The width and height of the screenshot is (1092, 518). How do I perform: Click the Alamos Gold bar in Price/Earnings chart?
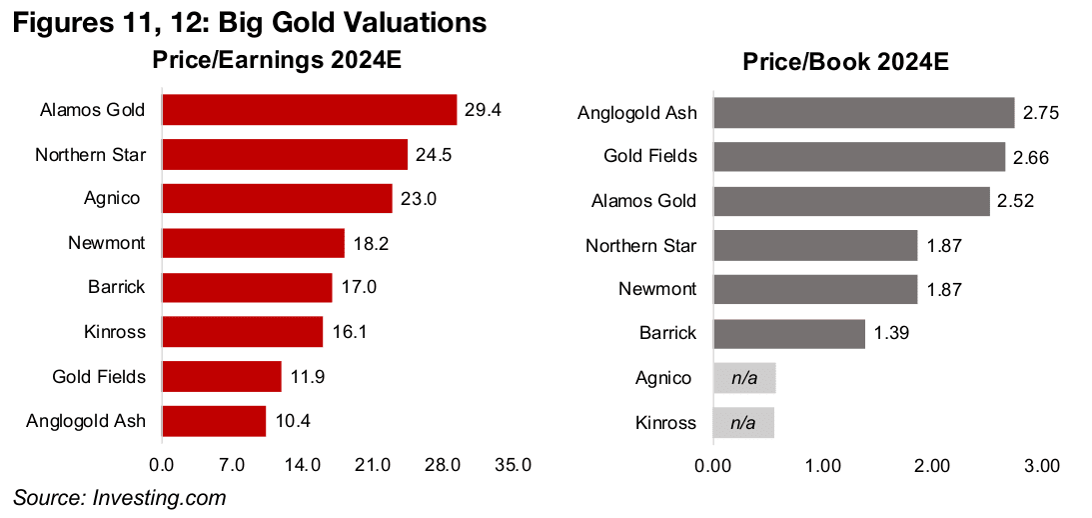(x=309, y=110)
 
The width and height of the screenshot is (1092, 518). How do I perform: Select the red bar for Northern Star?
(x=285, y=154)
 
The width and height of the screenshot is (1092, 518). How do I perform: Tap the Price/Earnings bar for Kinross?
(x=242, y=332)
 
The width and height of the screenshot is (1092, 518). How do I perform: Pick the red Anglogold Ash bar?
(x=214, y=421)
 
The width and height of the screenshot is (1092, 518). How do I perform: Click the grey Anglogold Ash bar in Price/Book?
(x=863, y=112)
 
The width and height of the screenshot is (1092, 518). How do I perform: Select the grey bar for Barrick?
(x=788, y=334)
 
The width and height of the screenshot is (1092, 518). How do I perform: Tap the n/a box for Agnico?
(x=743, y=378)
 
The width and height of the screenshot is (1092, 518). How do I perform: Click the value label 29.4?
(x=482, y=110)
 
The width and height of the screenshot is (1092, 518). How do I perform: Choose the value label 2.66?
(x=1029, y=157)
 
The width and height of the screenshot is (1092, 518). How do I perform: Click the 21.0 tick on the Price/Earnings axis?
(x=373, y=465)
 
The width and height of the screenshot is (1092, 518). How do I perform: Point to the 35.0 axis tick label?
(x=513, y=465)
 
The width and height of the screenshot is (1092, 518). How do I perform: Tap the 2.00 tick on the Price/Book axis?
(x=932, y=466)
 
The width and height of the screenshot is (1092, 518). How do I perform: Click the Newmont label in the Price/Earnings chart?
(x=106, y=243)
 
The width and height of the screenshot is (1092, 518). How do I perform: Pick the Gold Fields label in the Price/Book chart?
(x=650, y=156)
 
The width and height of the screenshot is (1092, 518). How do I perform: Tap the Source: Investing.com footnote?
(x=120, y=497)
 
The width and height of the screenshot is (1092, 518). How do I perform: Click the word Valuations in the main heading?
(x=401, y=22)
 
